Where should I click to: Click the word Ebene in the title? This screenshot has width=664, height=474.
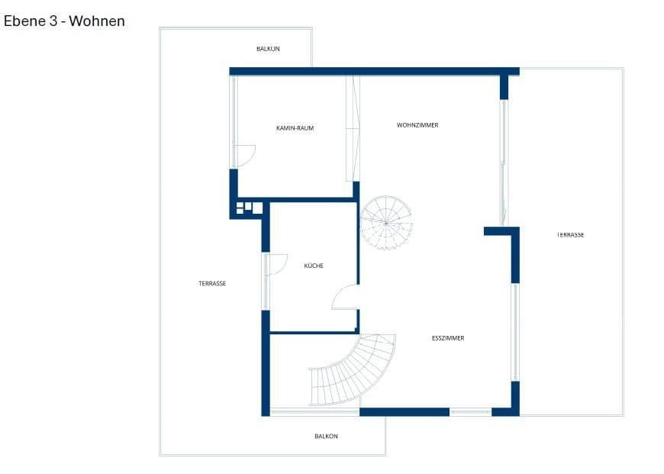click(25, 21)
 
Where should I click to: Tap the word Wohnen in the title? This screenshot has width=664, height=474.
click(97, 21)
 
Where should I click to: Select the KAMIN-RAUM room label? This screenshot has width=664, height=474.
click(295, 128)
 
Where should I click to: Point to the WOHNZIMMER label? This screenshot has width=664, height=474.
click(417, 125)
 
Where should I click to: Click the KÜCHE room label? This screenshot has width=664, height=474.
click(314, 266)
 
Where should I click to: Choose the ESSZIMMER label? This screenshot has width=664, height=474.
click(448, 338)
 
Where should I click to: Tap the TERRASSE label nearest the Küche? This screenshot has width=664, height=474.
click(212, 284)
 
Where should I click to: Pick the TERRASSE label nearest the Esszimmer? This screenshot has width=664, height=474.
click(570, 235)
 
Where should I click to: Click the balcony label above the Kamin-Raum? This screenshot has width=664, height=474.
click(268, 49)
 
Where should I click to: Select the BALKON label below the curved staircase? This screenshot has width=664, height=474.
click(326, 437)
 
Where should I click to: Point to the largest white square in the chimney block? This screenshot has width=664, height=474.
click(257, 208)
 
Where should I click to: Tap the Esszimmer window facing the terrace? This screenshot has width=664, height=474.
click(515, 332)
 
